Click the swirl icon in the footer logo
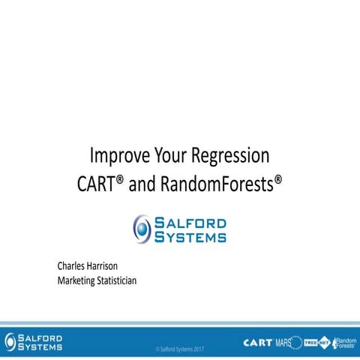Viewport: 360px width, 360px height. (10, 340)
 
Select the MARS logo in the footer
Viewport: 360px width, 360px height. (284, 342)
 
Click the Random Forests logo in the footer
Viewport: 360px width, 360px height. (346, 342)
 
